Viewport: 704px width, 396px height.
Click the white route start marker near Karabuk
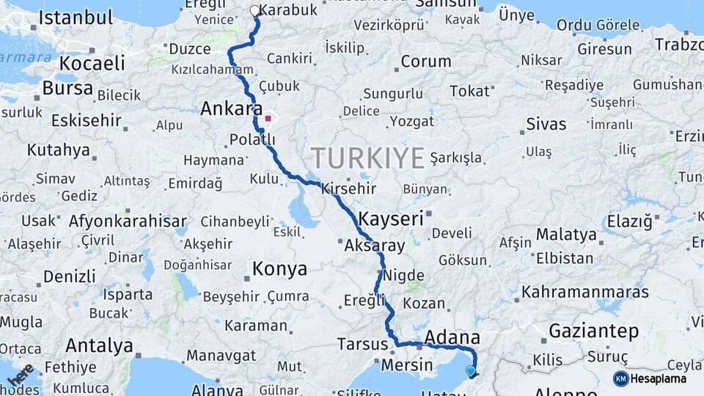(x=254, y=11)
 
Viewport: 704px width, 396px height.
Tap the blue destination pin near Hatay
(x=471, y=371)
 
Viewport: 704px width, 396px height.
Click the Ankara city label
(x=227, y=109)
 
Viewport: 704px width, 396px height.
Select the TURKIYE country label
(x=368, y=158)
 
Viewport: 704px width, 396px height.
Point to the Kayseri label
(x=391, y=218)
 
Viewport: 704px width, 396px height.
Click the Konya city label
(x=279, y=269)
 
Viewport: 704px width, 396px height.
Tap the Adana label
(x=452, y=337)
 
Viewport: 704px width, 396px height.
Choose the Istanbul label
(x=76, y=18)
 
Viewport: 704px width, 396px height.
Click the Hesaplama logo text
(x=659, y=378)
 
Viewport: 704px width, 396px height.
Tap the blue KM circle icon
(x=620, y=378)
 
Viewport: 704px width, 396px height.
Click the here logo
(x=21, y=375)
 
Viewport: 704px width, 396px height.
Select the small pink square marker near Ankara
(x=268, y=117)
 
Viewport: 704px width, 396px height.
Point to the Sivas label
(x=546, y=125)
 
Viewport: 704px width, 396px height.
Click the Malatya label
(x=565, y=235)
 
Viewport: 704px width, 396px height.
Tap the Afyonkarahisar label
(x=127, y=221)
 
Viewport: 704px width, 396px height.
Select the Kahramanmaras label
(x=585, y=292)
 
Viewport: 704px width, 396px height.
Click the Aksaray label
(x=374, y=246)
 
